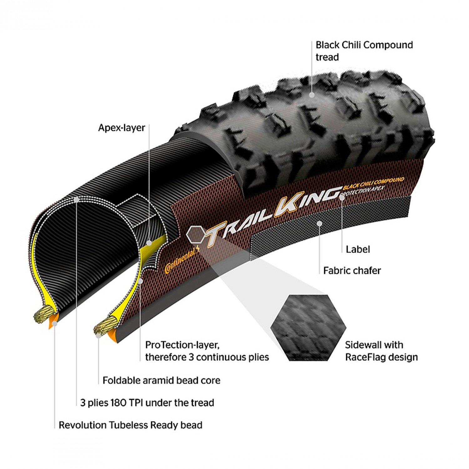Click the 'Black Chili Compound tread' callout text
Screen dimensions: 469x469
(364, 51)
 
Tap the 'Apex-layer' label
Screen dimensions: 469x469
(122, 128)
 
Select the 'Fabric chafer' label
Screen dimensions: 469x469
(352, 270)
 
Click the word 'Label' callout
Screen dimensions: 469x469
(358, 249)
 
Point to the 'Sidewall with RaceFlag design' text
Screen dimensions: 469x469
(381, 351)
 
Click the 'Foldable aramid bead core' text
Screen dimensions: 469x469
(161, 380)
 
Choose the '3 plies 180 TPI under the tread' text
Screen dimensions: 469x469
(147, 402)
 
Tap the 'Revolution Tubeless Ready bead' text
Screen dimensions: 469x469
(130, 425)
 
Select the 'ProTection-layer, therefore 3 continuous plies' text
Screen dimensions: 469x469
(207, 351)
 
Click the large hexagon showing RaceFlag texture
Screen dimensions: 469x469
(308, 328)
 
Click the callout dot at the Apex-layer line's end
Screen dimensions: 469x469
(149, 243)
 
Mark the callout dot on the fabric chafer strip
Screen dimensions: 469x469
(319, 223)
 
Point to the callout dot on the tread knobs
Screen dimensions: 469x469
(312, 95)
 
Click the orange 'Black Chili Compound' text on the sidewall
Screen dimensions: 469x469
(373, 184)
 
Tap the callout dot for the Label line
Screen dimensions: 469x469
(342, 198)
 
